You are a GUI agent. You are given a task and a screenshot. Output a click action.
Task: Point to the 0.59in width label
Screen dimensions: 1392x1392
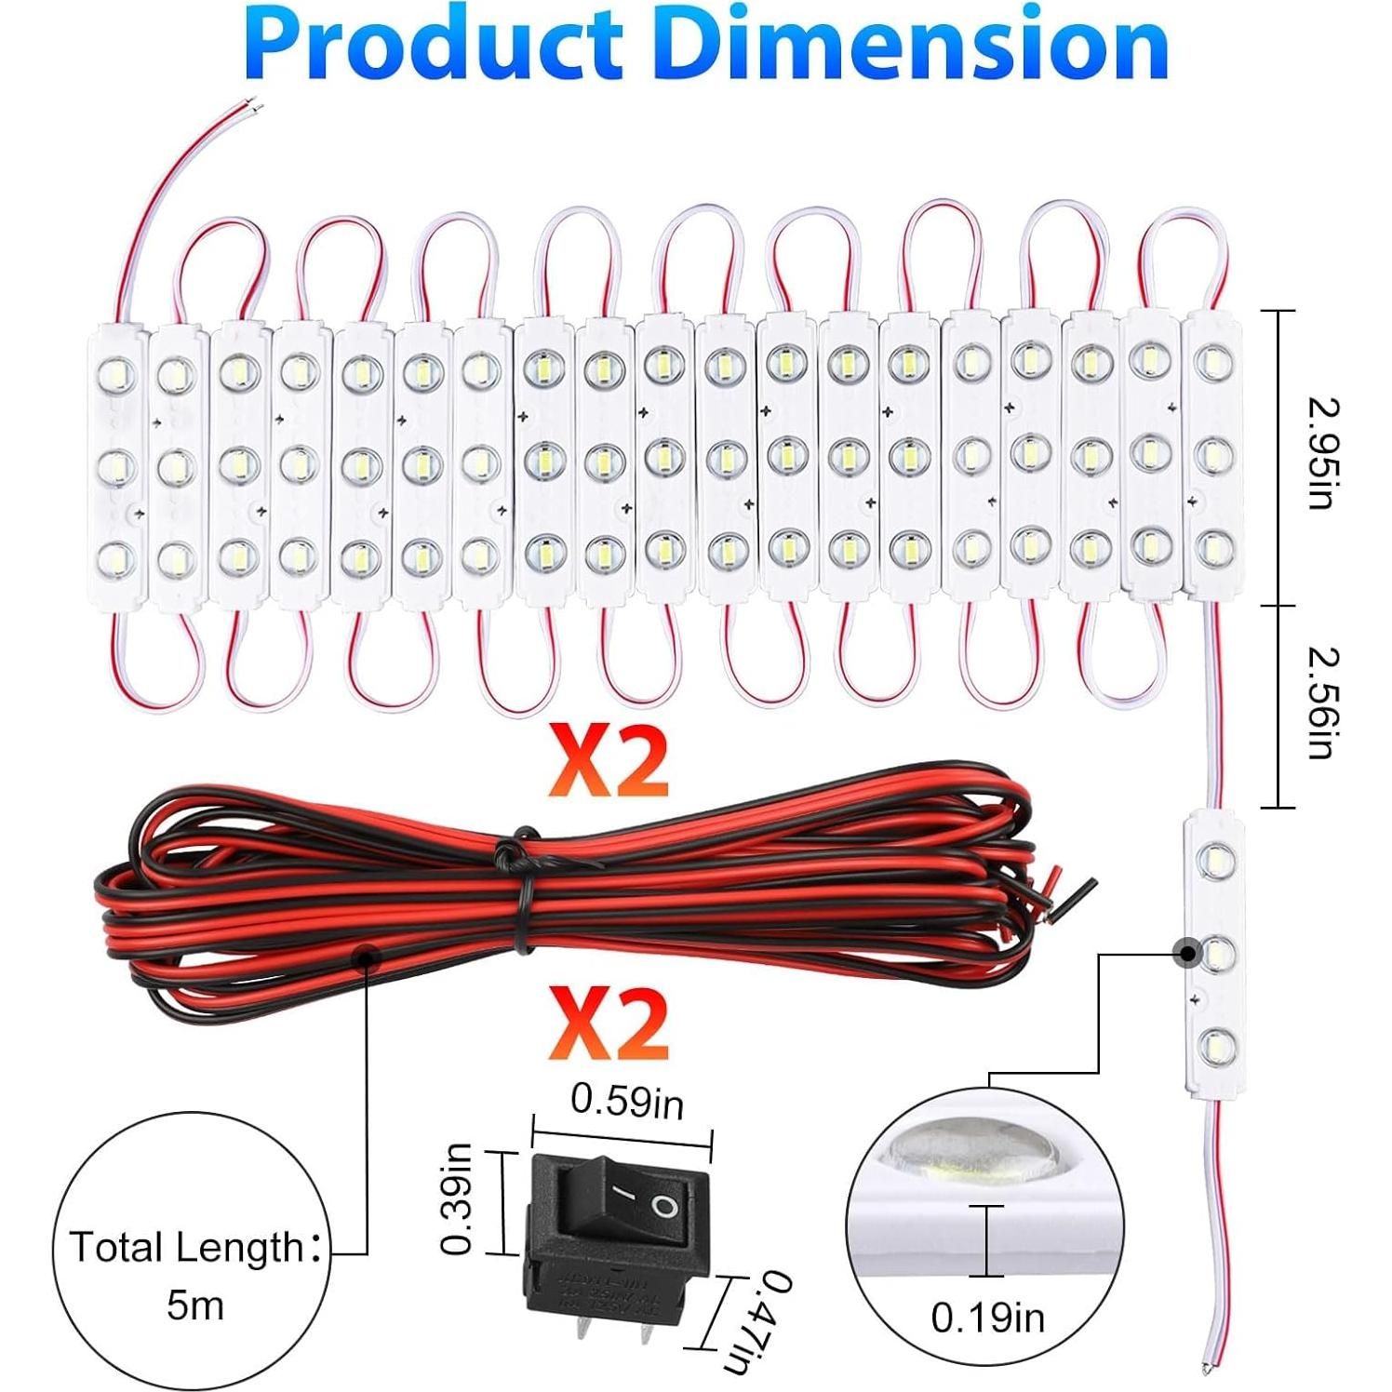click(x=626, y=1102)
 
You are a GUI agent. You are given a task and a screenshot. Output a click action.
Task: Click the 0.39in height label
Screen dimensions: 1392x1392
click(x=457, y=1199)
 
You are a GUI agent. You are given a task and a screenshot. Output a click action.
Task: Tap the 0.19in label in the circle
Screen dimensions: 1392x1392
click(x=987, y=1318)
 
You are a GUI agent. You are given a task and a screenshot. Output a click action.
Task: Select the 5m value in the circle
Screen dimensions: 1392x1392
click(x=195, y=1305)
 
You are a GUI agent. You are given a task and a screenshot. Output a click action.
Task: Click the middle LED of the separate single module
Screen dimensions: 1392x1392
click(x=1214, y=955)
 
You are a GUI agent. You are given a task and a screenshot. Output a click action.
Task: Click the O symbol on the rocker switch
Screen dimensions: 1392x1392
click(x=663, y=1208)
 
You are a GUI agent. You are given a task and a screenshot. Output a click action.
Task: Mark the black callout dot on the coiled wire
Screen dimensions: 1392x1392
click(x=368, y=956)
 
